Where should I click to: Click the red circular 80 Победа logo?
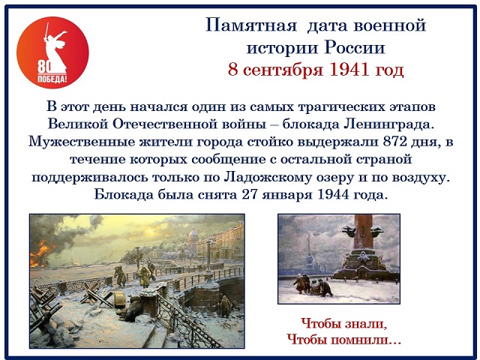click(52, 52)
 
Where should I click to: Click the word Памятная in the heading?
click(251, 25)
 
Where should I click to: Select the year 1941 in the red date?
click(349, 70)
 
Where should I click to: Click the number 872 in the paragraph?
click(395, 142)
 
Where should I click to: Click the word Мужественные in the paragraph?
click(82, 142)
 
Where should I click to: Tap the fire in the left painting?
click(40, 253)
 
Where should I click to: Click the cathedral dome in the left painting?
click(193, 235)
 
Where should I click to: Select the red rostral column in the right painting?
click(363, 232)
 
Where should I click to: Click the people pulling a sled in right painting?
click(313, 285)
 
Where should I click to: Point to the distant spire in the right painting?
click(309, 250)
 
